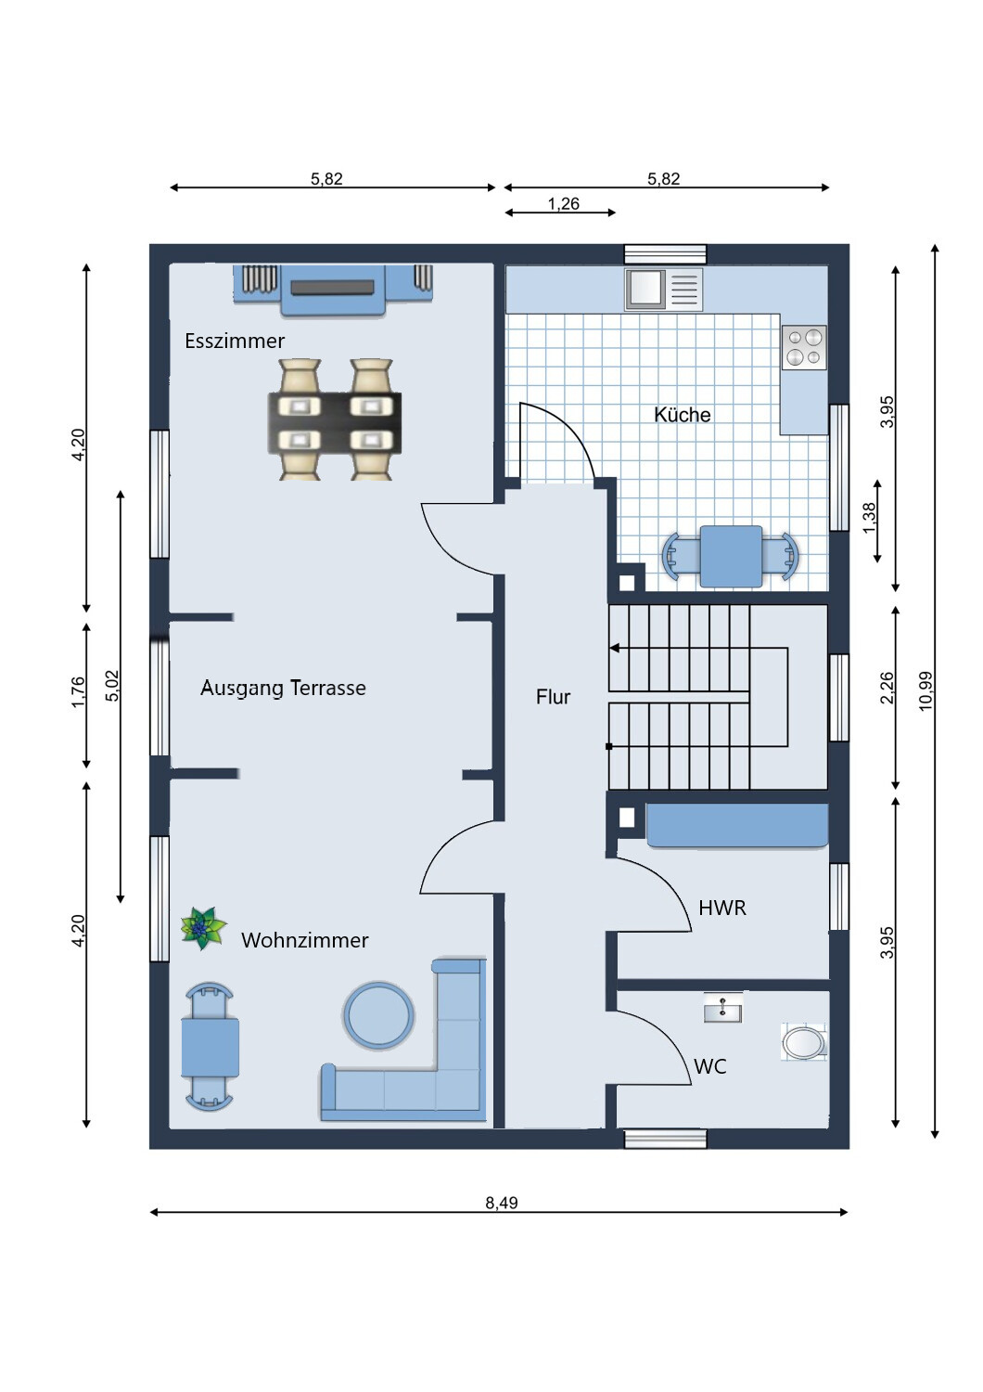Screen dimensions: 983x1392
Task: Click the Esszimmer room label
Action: [x=235, y=341]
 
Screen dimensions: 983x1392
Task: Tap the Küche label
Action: [x=682, y=415]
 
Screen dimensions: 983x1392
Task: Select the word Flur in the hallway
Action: [x=553, y=697]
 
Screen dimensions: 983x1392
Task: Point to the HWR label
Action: [x=722, y=908]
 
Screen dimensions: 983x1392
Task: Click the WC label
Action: [x=709, y=1066]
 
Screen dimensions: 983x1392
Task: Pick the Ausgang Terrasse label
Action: [x=283, y=688]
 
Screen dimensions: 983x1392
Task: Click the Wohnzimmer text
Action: [x=305, y=940]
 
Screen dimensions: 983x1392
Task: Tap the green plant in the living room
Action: [x=204, y=928]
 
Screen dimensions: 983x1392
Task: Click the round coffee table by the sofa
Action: [x=378, y=1015]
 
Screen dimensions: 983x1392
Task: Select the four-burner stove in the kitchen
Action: [x=805, y=348]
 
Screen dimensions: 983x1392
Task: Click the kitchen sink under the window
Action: [x=664, y=289]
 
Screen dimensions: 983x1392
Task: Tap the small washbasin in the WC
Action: [x=722, y=1007]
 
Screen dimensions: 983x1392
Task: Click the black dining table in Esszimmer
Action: [x=335, y=422]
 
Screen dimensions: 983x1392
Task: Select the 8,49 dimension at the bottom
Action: [x=501, y=1203]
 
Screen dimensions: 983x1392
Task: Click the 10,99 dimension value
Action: [x=926, y=691]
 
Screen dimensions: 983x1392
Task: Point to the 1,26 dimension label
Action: [x=563, y=203]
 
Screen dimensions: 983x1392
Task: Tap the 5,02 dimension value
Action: [x=113, y=686]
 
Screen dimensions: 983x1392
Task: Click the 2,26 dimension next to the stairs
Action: [x=887, y=688]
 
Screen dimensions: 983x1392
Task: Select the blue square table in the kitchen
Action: [x=732, y=556]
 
